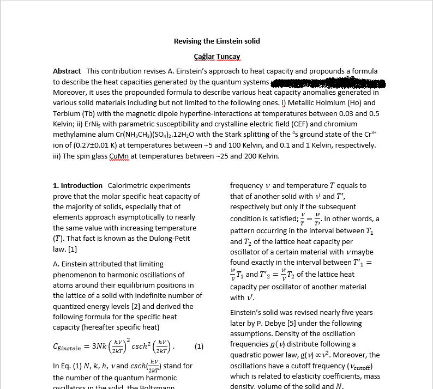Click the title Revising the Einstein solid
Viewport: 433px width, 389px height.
[216, 41]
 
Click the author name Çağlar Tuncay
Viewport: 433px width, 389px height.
[217, 57]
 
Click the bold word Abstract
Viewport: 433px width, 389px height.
[67, 71]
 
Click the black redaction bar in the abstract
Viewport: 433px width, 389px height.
[327, 83]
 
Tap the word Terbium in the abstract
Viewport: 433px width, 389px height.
[67, 114]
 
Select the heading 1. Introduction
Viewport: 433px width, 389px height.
[77, 186]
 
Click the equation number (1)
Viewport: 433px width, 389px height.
[199, 346]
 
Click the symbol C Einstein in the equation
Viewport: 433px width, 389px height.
[67, 347]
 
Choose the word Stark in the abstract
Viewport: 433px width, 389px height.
[255, 135]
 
